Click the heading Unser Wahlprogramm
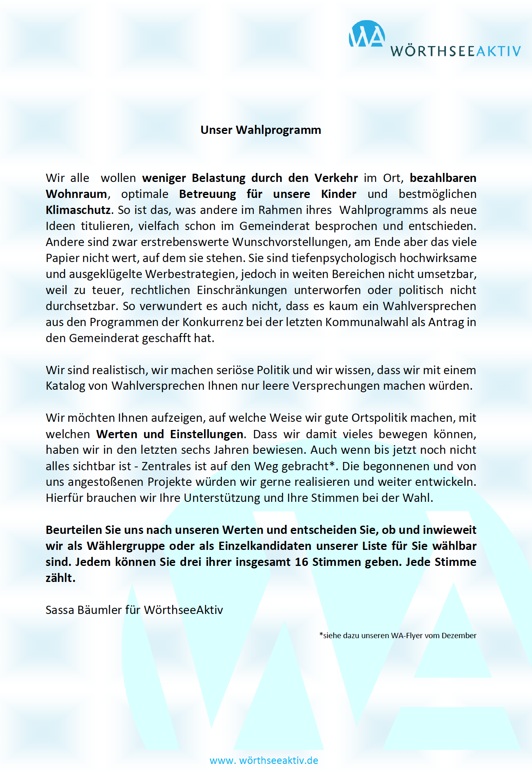tap(261, 130)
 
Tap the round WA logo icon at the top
tap(367, 34)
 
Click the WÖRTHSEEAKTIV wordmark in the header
tap(455, 51)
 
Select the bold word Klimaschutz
tap(78, 210)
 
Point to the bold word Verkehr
tap(336, 178)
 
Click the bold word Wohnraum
tap(76, 194)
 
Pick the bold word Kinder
tap(339, 194)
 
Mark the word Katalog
tap(65, 386)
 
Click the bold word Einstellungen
tap(207, 434)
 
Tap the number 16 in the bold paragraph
tap(301, 562)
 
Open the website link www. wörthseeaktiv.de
tap(264, 760)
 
